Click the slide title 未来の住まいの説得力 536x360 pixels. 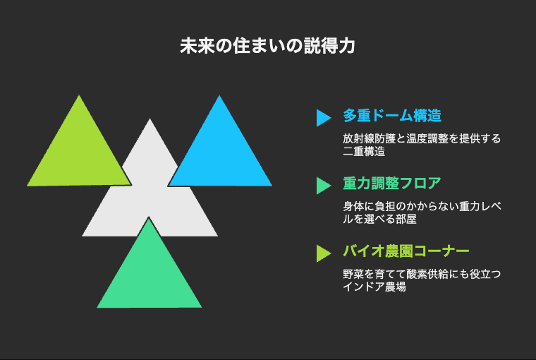click(x=268, y=46)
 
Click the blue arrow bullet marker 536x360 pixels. click(x=324, y=118)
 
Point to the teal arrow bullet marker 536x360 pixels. click(x=324, y=186)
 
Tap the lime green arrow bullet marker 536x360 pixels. click(x=324, y=253)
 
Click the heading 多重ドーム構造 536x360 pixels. click(x=392, y=116)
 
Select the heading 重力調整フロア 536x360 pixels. click(x=392, y=184)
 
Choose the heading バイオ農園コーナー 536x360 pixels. click(x=406, y=251)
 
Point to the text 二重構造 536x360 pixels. click(x=364, y=151)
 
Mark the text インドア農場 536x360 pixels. click(x=374, y=287)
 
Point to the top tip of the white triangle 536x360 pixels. click(x=150, y=119)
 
